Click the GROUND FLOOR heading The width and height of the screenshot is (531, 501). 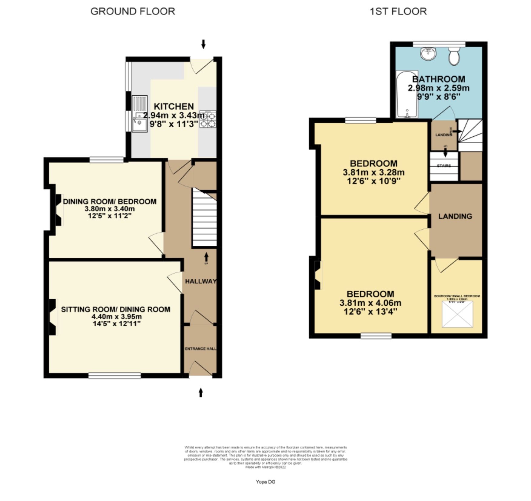[133, 12]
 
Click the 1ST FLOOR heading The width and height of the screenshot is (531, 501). [398, 12]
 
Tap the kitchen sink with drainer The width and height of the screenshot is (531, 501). [140, 114]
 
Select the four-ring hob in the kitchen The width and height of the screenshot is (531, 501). [208, 119]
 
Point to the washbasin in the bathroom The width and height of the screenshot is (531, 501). [428, 54]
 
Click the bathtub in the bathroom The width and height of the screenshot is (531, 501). [407, 94]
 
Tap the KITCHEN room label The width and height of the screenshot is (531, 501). [174, 106]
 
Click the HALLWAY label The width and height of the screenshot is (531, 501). [201, 281]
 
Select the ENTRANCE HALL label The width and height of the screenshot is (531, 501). [201, 349]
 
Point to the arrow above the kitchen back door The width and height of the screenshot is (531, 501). [203, 44]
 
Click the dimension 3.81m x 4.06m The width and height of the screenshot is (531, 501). [370, 303]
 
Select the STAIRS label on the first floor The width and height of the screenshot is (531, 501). [444, 166]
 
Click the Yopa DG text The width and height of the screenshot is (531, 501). [265, 482]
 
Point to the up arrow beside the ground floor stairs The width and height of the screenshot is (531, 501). [206, 257]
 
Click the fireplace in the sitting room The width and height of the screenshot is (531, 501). [53, 317]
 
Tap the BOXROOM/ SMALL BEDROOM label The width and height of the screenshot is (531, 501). [457, 296]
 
